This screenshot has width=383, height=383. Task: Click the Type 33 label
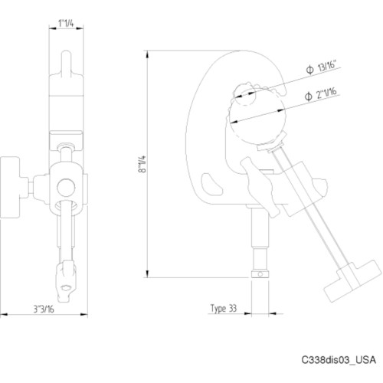224,308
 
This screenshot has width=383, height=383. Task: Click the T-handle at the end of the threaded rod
349,282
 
